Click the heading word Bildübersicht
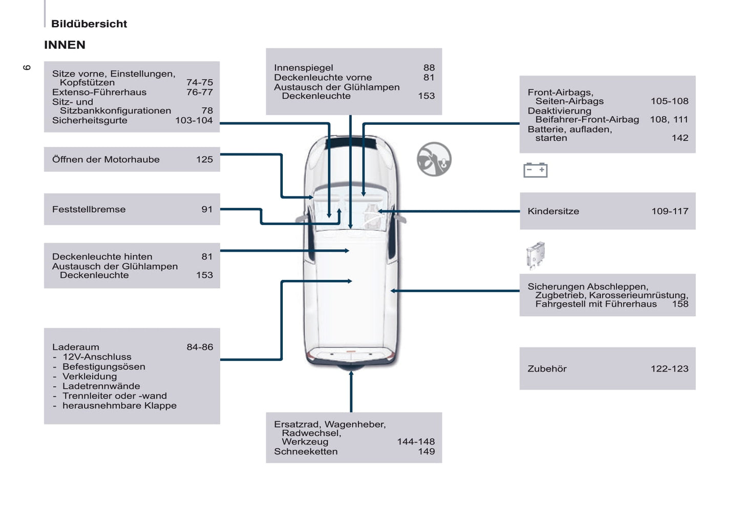click(x=89, y=24)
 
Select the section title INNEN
click(x=65, y=45)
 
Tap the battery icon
click(x=535, y=170)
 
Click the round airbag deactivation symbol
click(x=434, y=159)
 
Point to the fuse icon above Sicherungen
click(x=535, y=255)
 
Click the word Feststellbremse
click(x=89, y=209)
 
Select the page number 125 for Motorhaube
click(x=204, y=160)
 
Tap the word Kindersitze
click(x=553, y=211)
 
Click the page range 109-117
click(x=670, y=211)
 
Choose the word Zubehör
click(x=547, y=369)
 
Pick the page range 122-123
click(x=669, y=369)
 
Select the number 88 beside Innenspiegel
click(x=429, y=68)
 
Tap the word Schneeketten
click(x=306, y=452)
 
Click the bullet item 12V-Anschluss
click(x=97, y=357)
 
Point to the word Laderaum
click(x=76, y=347)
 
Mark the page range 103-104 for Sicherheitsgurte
click(x=194, y=121)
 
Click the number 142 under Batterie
click(x=680, y=138)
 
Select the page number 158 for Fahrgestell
click(x=680, y=304)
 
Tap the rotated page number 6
click(x=27, y=68)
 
